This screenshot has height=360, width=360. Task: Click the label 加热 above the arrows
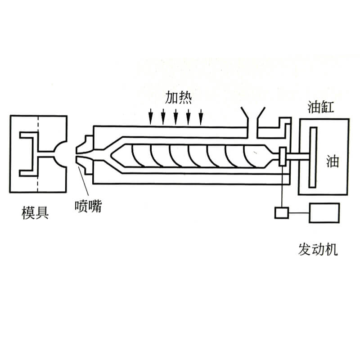coord(178,98)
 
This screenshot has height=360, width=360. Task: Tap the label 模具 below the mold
coord(35,212)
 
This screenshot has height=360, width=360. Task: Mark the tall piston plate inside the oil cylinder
coord(313,157)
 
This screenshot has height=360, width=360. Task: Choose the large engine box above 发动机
coord(324,212)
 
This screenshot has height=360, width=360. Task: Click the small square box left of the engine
coord(282,212)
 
